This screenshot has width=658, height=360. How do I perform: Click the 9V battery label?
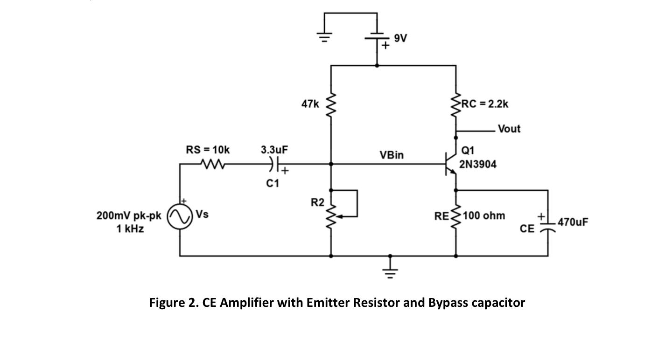[400, 38]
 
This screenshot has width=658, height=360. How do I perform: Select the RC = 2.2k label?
[485, 104]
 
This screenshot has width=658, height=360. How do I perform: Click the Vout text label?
[509, 129]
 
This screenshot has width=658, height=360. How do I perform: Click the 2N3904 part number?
[478, 164]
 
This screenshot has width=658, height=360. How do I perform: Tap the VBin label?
[392, 155]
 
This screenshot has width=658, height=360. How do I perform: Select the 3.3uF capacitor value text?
[274, 150]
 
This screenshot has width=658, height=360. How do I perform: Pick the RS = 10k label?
[208, 150]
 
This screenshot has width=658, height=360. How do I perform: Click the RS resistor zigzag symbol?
[213, 164]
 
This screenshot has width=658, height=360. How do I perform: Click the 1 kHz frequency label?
[130, 229]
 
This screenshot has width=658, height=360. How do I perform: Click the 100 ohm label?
[484, 216]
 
